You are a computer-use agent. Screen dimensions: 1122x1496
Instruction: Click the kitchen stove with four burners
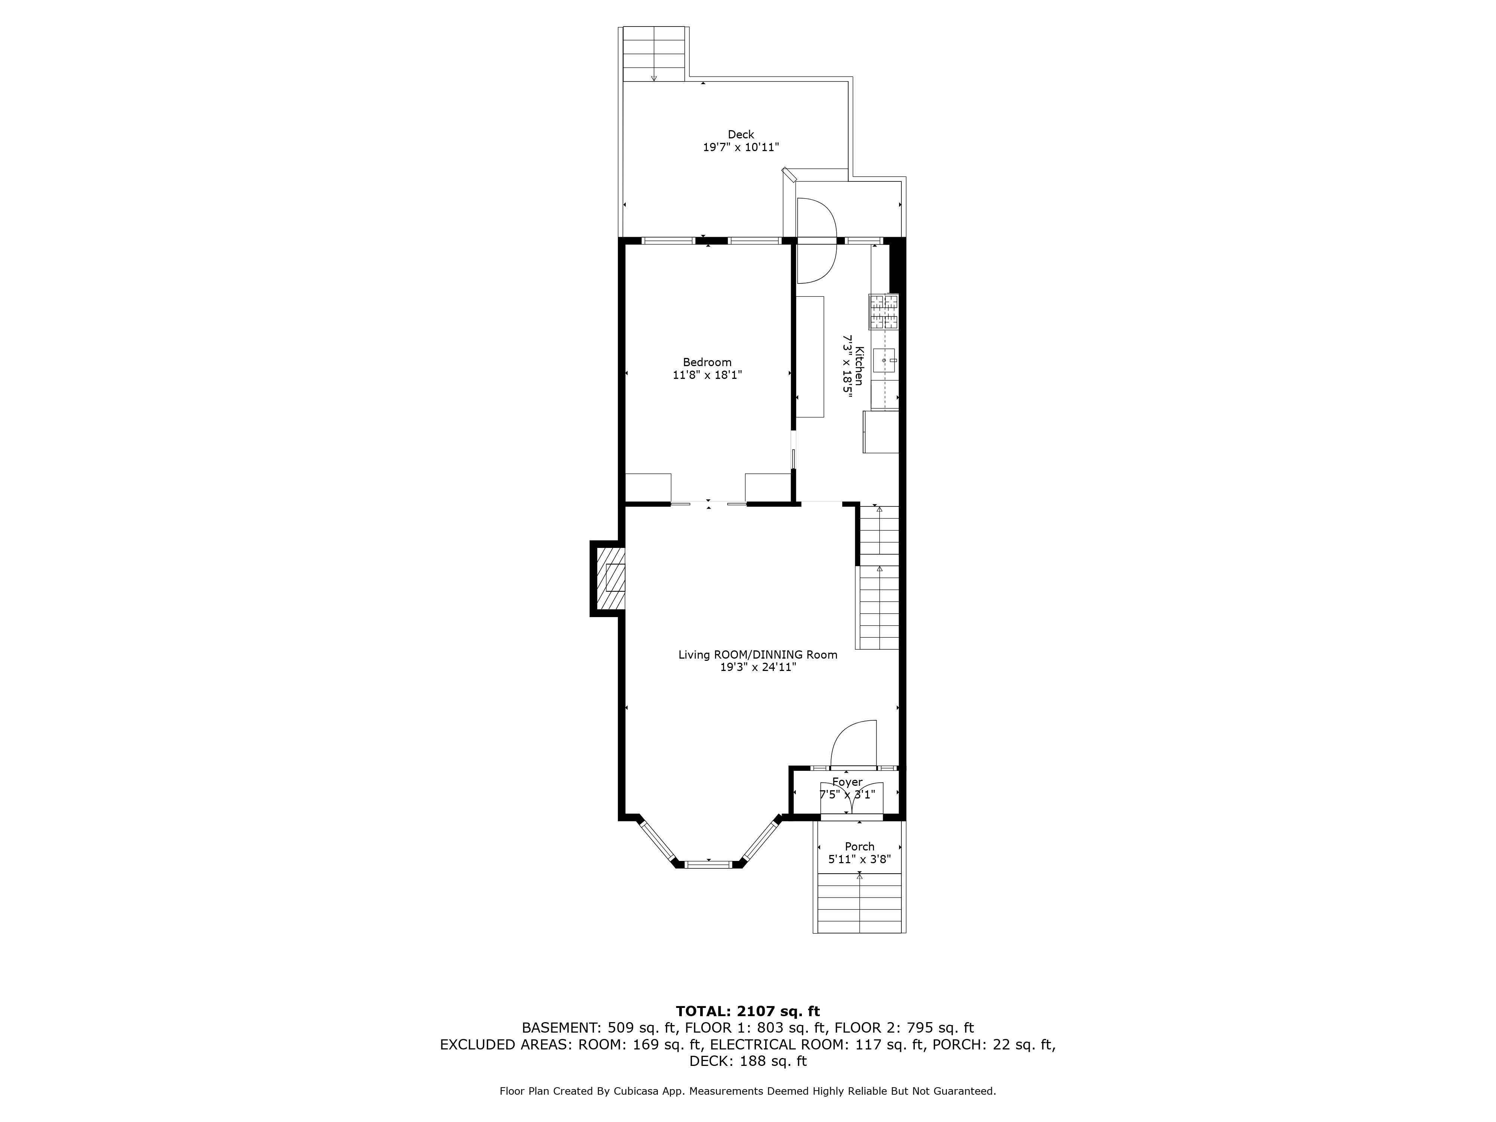[x=884, y=312]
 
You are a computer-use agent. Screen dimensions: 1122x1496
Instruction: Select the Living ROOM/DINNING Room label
[x=757, y=654]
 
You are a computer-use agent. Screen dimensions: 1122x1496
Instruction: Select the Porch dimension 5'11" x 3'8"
[x=859, y=859]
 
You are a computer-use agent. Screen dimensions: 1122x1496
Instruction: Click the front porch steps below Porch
[x=859, y=903]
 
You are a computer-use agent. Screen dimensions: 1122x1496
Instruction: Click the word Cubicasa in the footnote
[x=637, y=1091]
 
